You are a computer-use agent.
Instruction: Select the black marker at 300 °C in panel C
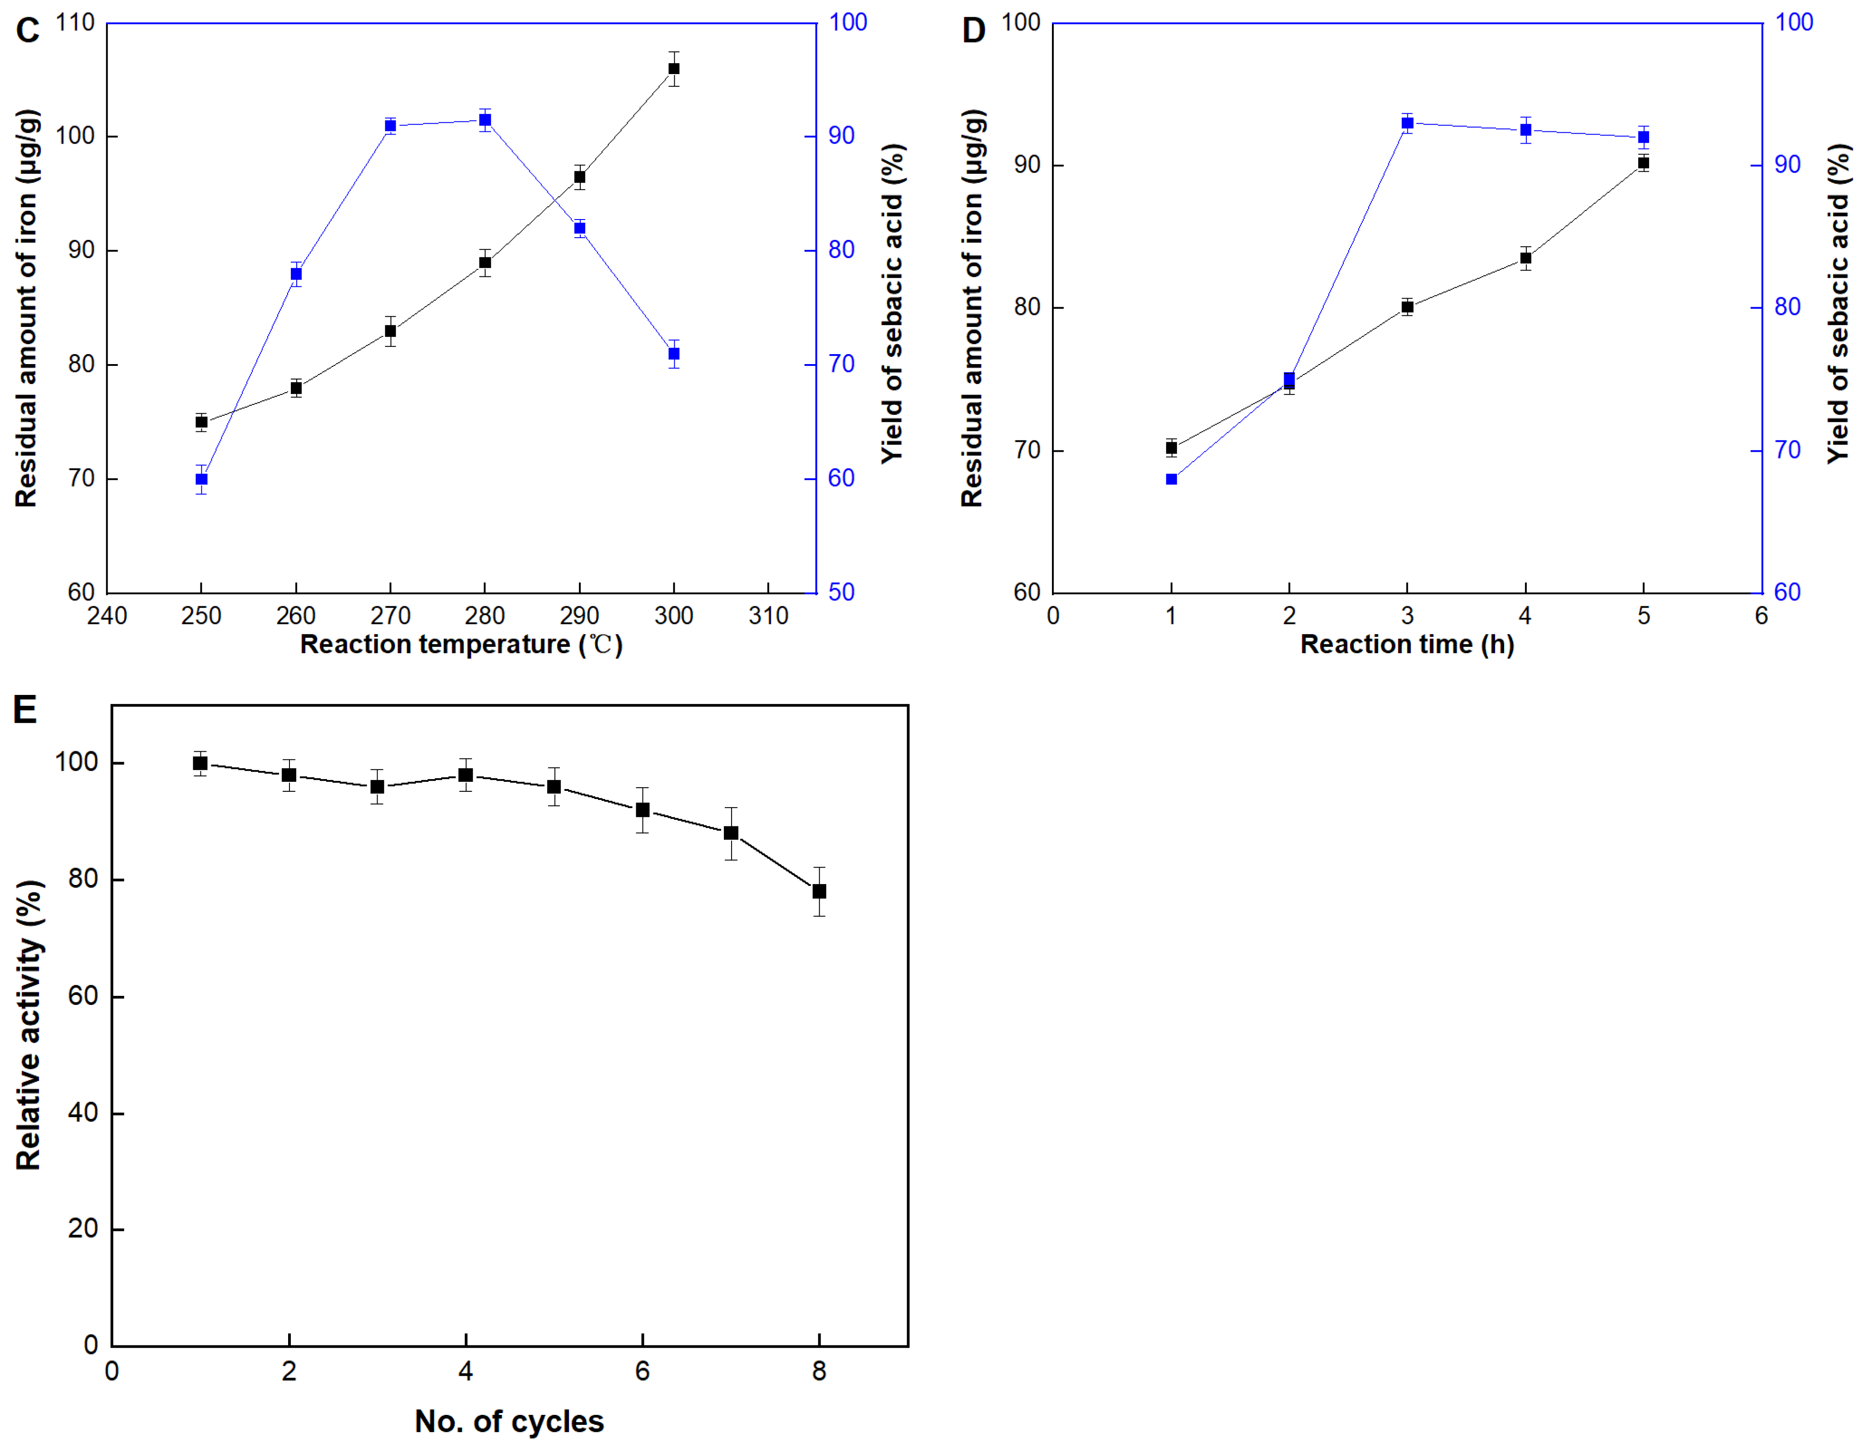point(674,69)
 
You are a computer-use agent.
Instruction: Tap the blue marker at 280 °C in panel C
point(485,120)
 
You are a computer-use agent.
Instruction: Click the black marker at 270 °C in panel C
point(391,331)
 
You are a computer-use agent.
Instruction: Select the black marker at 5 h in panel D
point(1644,163)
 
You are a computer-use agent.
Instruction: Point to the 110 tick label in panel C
point(75,23)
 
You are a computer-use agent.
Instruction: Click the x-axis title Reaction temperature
point(461,645)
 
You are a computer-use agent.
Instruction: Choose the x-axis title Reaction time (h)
point(1406,645)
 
